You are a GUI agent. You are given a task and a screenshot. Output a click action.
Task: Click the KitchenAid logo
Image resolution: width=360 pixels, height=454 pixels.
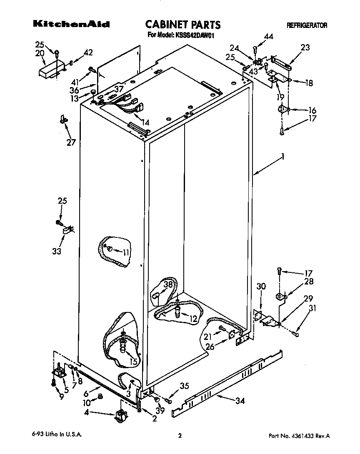71,25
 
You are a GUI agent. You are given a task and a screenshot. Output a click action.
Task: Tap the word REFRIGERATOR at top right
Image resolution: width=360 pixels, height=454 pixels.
307,26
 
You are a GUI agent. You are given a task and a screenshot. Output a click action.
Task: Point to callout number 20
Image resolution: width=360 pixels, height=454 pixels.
40,53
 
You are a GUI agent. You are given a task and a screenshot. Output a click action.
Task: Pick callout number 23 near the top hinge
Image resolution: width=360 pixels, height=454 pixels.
305,47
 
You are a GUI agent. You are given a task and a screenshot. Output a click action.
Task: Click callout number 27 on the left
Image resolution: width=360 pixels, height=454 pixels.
71,142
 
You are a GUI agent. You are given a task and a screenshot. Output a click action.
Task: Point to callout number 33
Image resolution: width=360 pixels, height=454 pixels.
57,251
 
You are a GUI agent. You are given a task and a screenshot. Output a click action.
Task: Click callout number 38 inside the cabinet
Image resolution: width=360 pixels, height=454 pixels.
168,285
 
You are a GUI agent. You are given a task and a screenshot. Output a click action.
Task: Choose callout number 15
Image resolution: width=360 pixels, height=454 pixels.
133,362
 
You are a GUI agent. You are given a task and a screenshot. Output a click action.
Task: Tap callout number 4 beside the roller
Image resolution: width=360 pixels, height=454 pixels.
87,413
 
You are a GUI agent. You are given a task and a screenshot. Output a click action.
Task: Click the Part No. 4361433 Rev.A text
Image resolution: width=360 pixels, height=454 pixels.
299,436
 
